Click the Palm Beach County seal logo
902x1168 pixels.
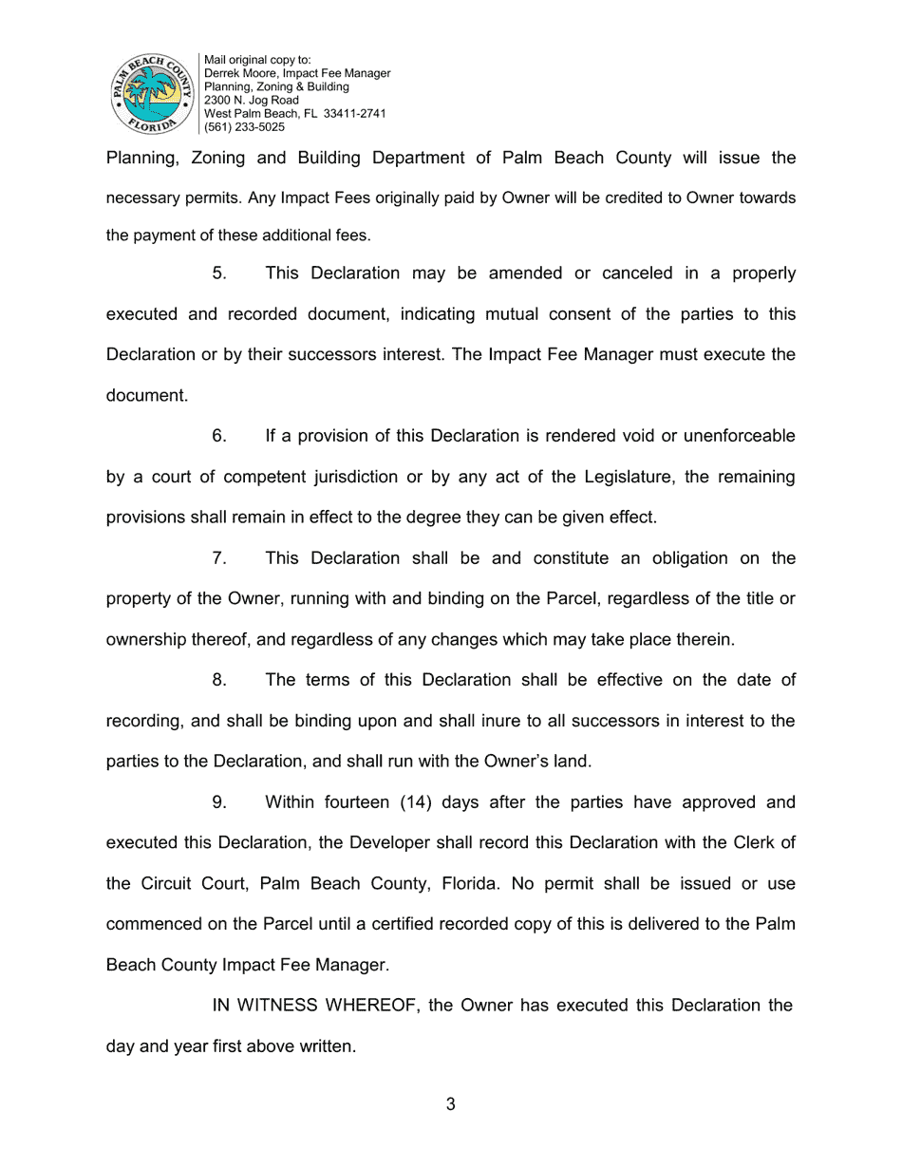(152, 93)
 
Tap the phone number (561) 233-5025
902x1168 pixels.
(244, 126)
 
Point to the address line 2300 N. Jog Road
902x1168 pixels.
(251, 100)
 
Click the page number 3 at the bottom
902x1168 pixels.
(450, 1103)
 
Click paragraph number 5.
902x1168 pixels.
(219, 273)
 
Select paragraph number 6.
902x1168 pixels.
(219, 436)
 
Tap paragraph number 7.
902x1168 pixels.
(219, 558)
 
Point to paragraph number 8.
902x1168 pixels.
(219, 680)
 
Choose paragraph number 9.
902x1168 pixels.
(219, 802)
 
